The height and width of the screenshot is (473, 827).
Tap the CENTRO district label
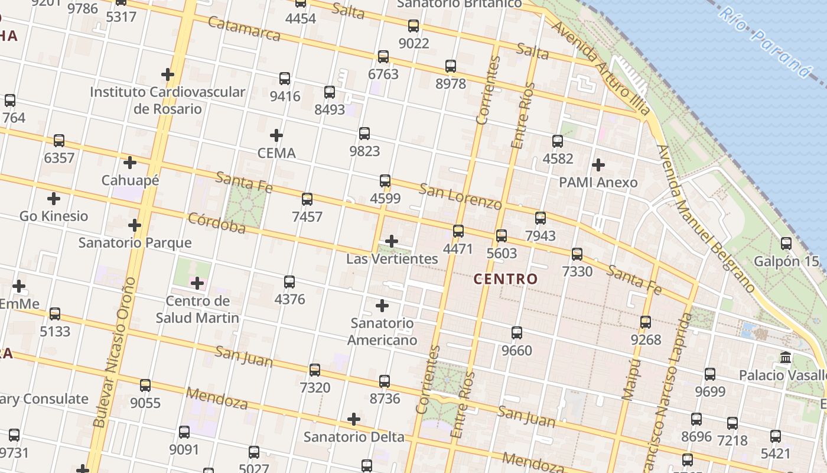[506, 279]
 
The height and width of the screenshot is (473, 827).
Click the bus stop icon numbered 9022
[413, 26]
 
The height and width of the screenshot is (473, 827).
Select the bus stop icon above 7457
[307, 199]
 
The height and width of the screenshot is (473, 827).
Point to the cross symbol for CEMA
[276, 135]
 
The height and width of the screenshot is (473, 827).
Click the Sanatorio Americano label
[382, 332]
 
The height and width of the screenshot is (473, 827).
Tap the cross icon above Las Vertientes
[391, 241]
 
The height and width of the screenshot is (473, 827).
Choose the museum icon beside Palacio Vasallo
[786, 358]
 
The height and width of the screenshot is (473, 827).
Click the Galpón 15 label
[786, 261]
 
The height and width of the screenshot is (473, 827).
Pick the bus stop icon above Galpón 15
[786, 244]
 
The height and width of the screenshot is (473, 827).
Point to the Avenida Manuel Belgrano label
[706, 219]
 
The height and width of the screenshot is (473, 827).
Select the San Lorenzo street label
[460, 196]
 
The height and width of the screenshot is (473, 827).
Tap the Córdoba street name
[216, 223]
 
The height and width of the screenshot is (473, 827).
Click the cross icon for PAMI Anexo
[598, 164]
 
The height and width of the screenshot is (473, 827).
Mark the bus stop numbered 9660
[517, 333]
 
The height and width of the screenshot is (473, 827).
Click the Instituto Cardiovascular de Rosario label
[168, 101]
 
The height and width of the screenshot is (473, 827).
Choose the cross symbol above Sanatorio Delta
[354, 419]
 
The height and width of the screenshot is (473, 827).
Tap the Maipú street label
[631, 379]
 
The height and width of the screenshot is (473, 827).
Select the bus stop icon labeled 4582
[558, 141]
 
